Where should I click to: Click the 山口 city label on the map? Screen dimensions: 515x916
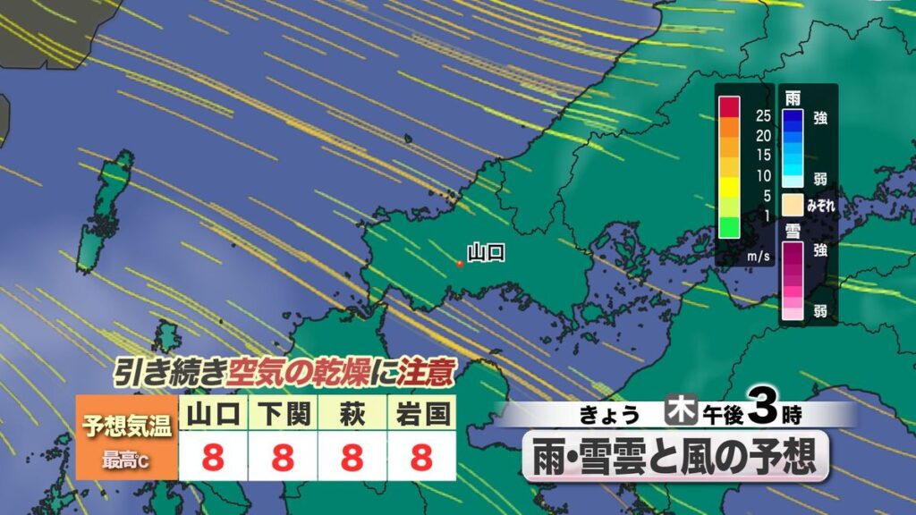pyautogui.click(x=487, y=252)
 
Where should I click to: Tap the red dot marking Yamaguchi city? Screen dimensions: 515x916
pyautogui.click(x=459, y=264)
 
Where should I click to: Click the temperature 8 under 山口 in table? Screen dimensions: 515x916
pyautogui.click(x=213, y=458)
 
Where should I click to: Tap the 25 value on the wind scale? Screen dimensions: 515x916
pyautogui.click(x=763, y=115)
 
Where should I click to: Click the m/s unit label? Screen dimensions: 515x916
pyautogui.click(x=759, y=256)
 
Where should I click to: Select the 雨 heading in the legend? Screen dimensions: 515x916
pyautogui.click(x=792, y=97)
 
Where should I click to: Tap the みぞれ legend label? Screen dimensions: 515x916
pyautogui.click(x=821, y=205)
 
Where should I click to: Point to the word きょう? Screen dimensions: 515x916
pyautogui.click(x=611, y=414)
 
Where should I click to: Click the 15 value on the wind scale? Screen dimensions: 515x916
pyautogui.click(x=763, y=154)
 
